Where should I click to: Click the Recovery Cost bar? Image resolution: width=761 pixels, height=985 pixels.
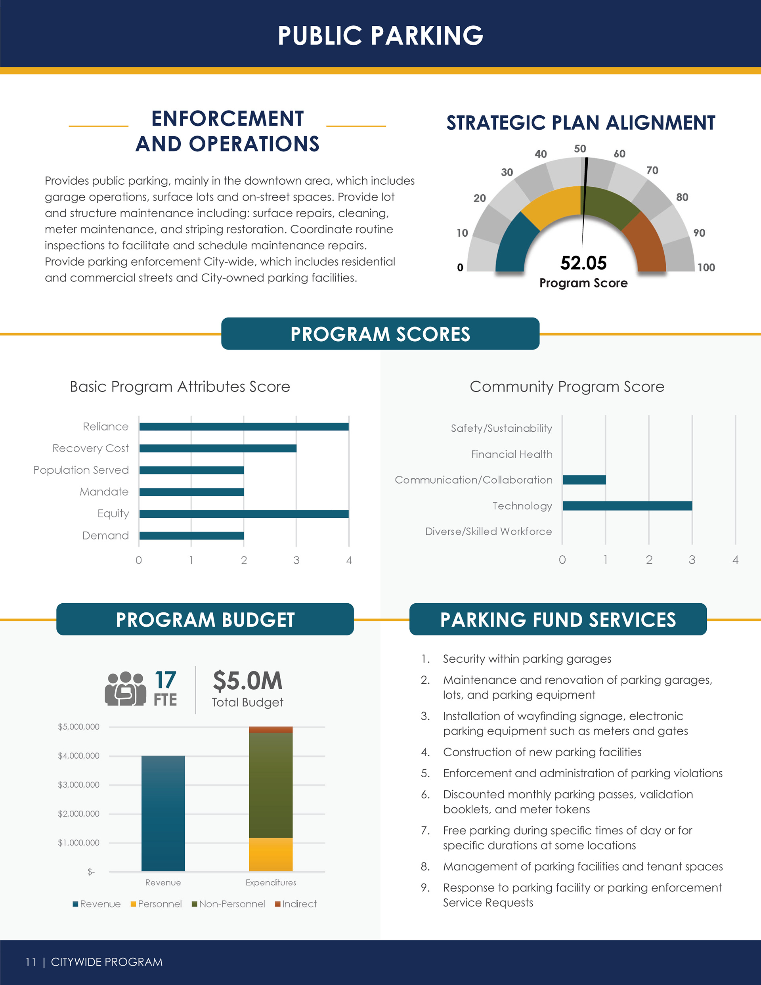coord(218,448)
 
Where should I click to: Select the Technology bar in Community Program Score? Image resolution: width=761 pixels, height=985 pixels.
coord(627,505)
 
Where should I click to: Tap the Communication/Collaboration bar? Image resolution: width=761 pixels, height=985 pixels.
coord(584,480)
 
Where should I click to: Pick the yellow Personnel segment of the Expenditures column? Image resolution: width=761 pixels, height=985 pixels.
coord(271,854)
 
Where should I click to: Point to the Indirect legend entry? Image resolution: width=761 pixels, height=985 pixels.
coord(296,904)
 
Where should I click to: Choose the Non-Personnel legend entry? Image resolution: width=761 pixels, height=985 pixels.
coord(229,904)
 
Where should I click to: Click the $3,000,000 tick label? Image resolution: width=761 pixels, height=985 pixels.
coord(78,785)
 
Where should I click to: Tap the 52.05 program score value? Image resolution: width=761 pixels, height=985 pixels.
coord(583,263)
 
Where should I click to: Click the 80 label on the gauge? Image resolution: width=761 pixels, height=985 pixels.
coord(682,197)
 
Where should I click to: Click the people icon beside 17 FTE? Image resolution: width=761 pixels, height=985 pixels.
coord(125,688)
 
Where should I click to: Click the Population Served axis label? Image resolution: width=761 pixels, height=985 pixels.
coord(81,470)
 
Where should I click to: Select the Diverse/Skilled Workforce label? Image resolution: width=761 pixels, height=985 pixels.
coord(489,531)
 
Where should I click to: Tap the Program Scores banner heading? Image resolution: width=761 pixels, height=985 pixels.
coord(380,334)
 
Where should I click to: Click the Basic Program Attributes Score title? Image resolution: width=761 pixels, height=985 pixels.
coord(180,386)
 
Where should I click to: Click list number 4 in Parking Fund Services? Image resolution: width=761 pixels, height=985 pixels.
coord(425,752)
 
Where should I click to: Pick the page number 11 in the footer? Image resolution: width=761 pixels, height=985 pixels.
coord(30,962)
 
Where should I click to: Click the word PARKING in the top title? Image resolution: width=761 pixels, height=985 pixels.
coord(427,36)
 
